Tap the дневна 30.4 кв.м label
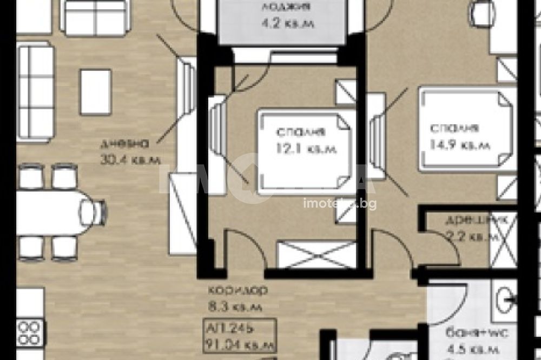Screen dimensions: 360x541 point(130,151)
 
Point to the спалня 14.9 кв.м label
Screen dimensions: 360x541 point(459,137)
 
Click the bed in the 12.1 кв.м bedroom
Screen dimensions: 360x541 point(303,151)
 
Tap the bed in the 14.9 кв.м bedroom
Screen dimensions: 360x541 point(464,130)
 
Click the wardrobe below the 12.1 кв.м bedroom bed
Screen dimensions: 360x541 point(316,254)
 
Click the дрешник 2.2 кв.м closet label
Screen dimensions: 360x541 point(466,228)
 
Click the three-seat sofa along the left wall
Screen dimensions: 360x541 point(36,91)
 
